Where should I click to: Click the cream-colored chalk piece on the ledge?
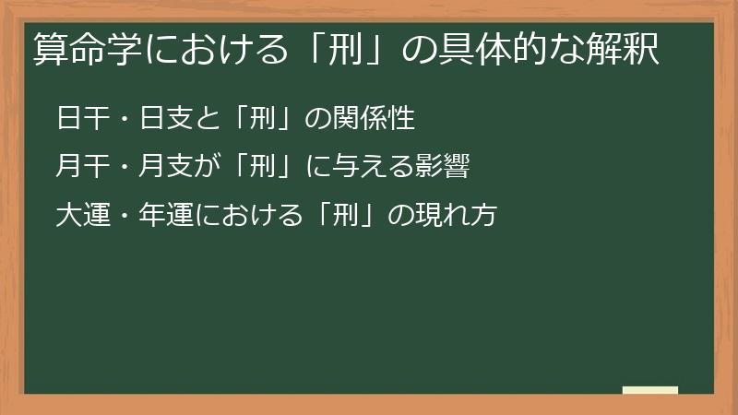point(649,390)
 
